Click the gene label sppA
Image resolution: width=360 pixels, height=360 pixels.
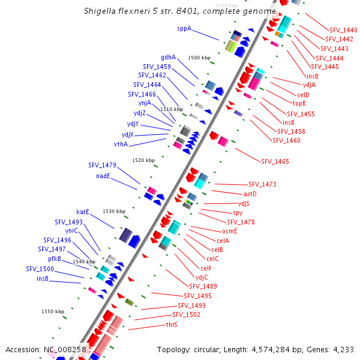click(x=184, y=28)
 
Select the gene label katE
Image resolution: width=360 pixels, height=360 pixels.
click(x=83, y=212)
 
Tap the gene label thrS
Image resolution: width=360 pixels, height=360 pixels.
click(x=172, y=325)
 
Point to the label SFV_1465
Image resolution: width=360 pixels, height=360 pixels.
click(x=275, y=161)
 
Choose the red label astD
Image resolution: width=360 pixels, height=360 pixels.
click(x=250, y=194)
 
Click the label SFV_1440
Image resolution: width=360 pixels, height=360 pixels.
click(x=343, y=30)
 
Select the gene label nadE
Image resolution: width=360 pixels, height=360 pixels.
click(x=103, y=176)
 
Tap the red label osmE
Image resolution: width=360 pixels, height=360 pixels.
click(x=230, y=231)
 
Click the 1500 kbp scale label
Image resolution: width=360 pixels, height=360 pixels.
click(x=199, y=58)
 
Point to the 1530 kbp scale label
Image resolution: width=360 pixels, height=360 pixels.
click(x=114, y=211)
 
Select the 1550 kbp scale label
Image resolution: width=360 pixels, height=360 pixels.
click(x=53, y=311)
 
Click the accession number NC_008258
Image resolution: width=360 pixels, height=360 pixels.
click(x=65, y=349)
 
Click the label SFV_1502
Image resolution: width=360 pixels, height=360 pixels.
click(x=186, y=314)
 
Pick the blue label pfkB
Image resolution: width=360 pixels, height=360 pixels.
click(x=55, y=259)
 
